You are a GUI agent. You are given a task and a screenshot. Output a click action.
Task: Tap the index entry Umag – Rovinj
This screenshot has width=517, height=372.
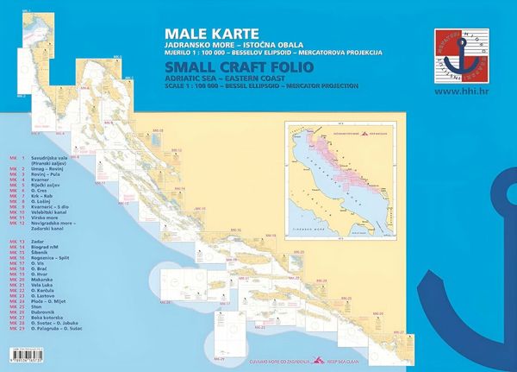45,168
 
